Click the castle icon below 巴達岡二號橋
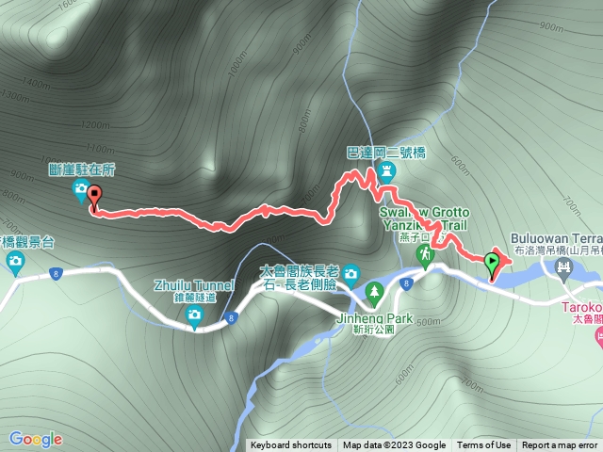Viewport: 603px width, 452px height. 387,172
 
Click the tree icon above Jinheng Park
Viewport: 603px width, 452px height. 375,293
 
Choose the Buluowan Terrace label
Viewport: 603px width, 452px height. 556,238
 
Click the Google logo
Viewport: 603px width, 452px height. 36,439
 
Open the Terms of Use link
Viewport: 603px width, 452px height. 483,445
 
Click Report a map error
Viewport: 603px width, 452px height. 560,445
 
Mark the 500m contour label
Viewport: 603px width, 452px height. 427,321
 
